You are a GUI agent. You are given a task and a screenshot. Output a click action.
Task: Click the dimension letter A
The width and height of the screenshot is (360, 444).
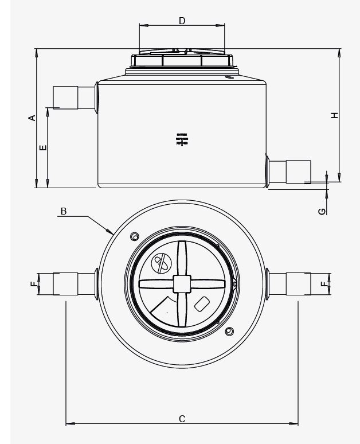pyautogui.click(x=33, y=118)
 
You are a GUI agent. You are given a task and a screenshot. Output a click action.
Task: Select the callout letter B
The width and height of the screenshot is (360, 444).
pyautogui.click(x=64, y=211)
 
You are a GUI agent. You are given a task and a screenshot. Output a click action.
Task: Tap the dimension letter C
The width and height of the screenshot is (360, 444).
pyautogui.click(x=182, y=419)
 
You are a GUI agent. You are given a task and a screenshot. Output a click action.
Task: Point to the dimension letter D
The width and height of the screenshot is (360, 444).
pyautogui.click(x=182, y=21)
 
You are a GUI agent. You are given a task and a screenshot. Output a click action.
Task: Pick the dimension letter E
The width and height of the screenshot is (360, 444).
pyautogui.click(x=44, y=147)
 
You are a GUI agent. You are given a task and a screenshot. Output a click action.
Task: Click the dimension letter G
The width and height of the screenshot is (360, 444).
pyautogui.click(x=323, y=211)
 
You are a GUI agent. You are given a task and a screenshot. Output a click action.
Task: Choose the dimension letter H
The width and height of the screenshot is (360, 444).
pyautogui.click(x=335, y=115)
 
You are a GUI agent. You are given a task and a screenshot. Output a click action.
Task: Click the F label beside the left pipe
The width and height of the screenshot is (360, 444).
pyautogui.click(x=34, y=283)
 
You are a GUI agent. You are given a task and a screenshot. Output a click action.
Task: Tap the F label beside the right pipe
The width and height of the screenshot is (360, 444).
pyautogui.click(x=325, y=283)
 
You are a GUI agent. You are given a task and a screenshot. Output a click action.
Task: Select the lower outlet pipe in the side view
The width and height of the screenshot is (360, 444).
pyautogui.click(x=290, y=171)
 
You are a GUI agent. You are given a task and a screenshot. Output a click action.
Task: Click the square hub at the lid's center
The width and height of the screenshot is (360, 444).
pyautogui.click(x=182, y=283)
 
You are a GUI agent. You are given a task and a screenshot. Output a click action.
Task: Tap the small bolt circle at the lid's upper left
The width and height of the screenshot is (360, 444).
pyautogui.click(x=135, y=237)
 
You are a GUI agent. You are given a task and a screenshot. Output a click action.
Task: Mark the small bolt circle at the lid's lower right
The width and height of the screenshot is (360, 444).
pyautogui.click(x=230, y=331)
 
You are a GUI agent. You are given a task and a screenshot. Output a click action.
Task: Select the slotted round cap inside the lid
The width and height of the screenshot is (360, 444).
pyautogui.click(x=161, y=263)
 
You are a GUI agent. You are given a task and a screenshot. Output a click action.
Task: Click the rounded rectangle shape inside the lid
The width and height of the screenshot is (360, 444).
pyautogui.click(x=202, y=304)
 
